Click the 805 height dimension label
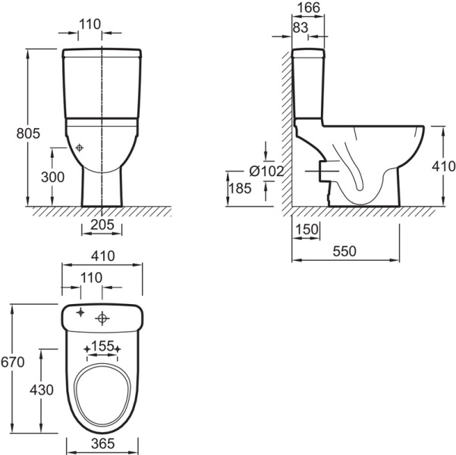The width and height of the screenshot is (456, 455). [28, 133]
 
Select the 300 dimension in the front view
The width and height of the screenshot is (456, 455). [52, 177]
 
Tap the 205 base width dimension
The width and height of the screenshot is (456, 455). [102, 224]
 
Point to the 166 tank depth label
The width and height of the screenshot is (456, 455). [309, 8]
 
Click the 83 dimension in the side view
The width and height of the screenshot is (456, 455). [300, 27]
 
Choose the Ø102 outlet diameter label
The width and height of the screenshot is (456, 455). [266, 171]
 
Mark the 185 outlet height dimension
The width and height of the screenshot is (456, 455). [240, 188]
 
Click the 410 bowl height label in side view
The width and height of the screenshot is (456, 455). [444, 167]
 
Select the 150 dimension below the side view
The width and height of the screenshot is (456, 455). [307, 229]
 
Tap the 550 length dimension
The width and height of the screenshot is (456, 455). [344, 251]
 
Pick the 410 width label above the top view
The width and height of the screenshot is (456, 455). [103, 256]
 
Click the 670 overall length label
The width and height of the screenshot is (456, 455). [12, 362]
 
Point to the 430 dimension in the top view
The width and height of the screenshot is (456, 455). [42, 390]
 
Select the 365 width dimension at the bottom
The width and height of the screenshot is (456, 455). [103, 444]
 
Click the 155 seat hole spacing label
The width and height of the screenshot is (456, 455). [102, 346]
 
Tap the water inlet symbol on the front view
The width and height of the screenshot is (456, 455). [79, 148]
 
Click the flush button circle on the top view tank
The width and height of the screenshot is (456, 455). [102, 318]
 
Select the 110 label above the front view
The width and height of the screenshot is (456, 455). [90, 24]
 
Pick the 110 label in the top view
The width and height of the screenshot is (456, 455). [91, 278]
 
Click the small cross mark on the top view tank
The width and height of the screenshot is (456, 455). [80, 312]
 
